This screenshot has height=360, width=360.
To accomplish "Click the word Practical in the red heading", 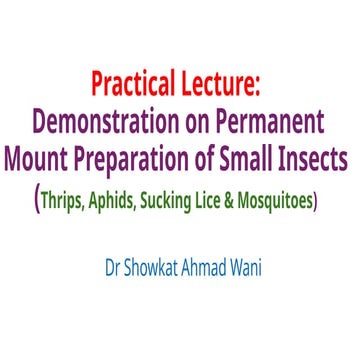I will coord(135,82).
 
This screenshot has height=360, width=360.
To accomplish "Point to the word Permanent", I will coord(273,121).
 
